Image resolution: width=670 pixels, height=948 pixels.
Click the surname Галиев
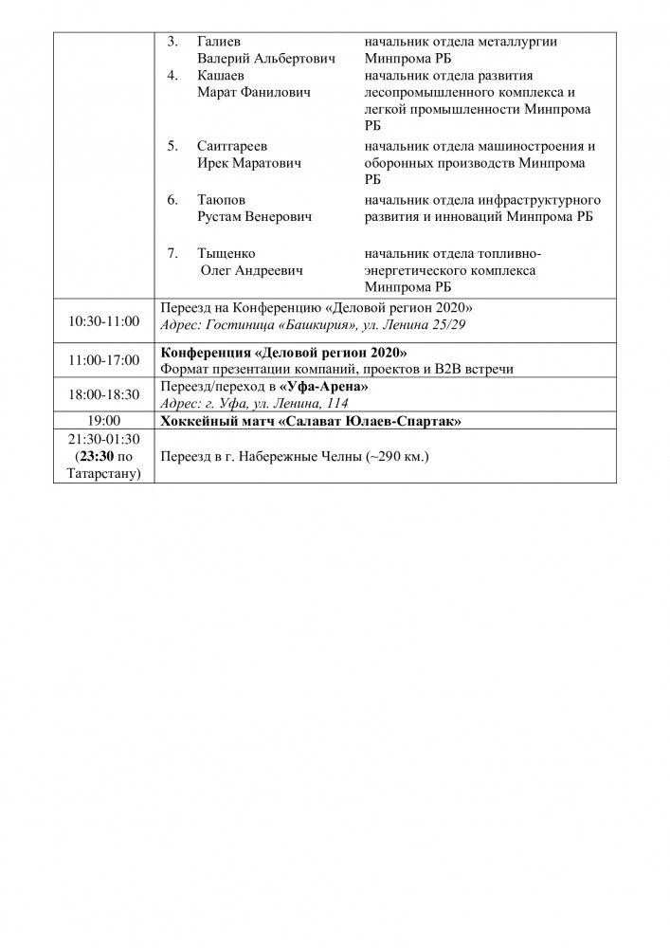pyautogui.click(x=218, y=43)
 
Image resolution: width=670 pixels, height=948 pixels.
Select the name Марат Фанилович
pyautogui.click(x=253, y=93)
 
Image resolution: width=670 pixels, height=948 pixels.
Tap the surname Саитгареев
pyautogui.click(x=232, y=147)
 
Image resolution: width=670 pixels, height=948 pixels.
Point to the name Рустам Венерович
pyautogui.click(x=254, y=216)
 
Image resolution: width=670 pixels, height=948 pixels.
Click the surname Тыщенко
pyautogui.click(x=226, y=254)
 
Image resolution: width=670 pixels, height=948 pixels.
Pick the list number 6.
pyautogui.click(x=172, y=200)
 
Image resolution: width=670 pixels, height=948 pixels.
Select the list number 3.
pyautogui.click(x=172, y=43)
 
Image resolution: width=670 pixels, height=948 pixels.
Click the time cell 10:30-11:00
pyautogui.click(x=104, y=321)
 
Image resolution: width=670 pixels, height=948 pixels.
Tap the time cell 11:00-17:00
pyautogui.click(x=104, y=359)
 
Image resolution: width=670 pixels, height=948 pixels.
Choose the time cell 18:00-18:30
pyautogui.click(x=104, y=394)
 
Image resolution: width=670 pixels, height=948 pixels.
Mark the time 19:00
pyautogui.click(x=104, y=421)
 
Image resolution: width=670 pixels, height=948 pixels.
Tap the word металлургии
pyautogui.click(x=521, y=43)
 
